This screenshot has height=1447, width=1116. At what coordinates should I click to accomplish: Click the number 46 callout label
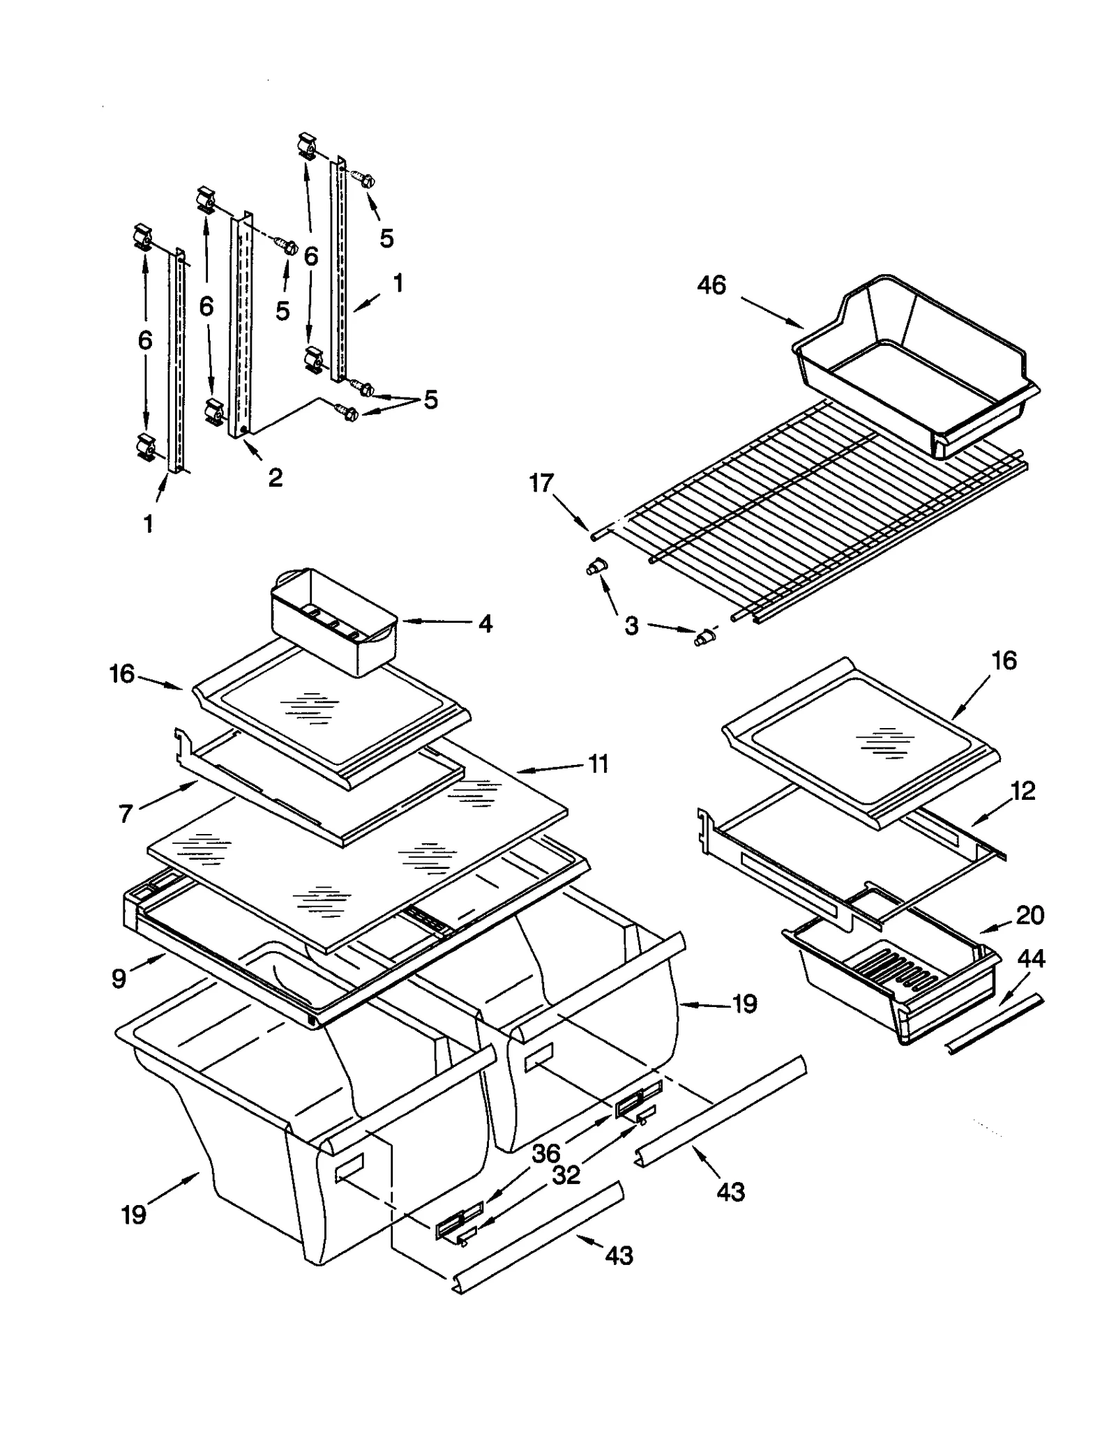[711, 285]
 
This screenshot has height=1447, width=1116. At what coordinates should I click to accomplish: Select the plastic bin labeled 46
[914, 363]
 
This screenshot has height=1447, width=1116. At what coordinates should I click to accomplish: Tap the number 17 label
[541, 483]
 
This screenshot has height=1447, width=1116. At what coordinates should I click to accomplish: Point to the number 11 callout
[598, 764]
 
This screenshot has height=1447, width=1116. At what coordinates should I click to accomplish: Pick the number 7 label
[126, 813]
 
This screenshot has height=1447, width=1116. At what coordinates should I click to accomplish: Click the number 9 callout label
[119, 978]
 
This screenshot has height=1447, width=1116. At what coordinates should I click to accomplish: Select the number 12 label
[1023, 791]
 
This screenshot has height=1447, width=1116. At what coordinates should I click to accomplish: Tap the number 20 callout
[1030, 914]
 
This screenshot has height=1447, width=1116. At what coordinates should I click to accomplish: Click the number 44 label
[1031, 959]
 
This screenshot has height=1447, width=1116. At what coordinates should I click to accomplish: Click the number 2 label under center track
[276, 478]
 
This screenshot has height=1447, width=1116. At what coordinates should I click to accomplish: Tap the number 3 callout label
[631, 626]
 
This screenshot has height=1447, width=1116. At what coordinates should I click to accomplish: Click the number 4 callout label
[485, 623]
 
